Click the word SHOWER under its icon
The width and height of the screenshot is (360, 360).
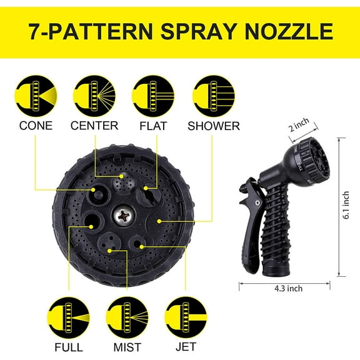click(214, 126)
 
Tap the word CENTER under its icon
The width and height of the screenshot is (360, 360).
click(94, 126)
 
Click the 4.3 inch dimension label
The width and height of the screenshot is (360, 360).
click(287, 288)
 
